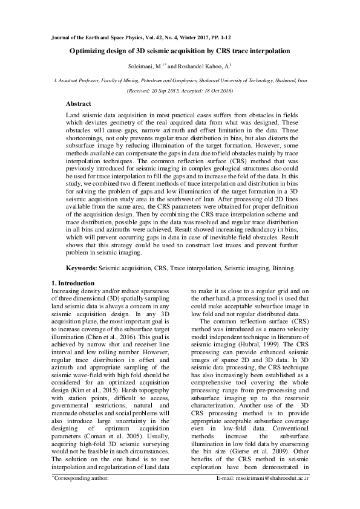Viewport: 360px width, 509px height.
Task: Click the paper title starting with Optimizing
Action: pyautogui.click(x=180, y=53)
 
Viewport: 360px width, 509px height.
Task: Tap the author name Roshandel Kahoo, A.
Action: pyautogui.click(x=200, y=66)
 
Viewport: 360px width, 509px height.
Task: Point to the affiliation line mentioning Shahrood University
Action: pyautogui.click(x=180, y=79)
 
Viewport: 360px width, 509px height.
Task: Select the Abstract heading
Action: pyautogui.click(x=79, y=105)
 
